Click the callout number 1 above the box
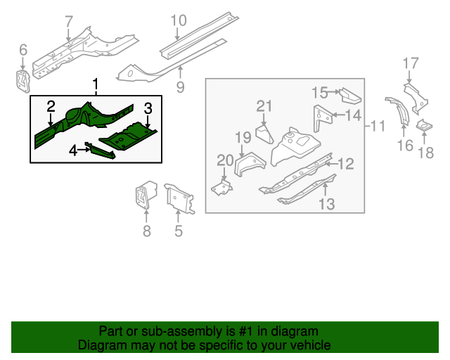[96, 86]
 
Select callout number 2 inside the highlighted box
[51, 106]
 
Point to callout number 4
[73, 149]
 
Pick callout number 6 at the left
[23, 50]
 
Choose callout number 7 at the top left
[68, 22]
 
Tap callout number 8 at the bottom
[146, 230]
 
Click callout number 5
[179, 230]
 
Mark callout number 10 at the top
[179, 20]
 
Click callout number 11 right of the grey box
[378, 127]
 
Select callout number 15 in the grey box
[319, 91]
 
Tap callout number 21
[264, 106]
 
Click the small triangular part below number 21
[264, 134]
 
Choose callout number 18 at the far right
[426, 153]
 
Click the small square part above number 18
[425, 127]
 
